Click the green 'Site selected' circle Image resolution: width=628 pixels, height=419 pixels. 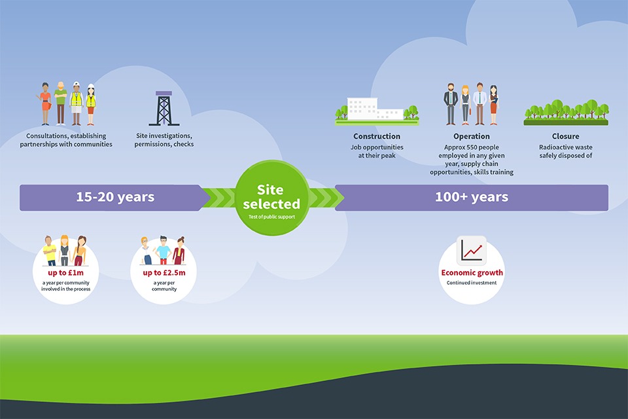271,197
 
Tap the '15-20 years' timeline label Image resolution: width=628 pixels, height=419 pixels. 115,197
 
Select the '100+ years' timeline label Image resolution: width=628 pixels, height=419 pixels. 471,197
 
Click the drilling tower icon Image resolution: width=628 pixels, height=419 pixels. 164,108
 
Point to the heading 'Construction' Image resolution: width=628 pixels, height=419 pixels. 377,136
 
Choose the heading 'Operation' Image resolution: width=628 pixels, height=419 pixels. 471,136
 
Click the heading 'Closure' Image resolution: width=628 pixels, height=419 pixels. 565,136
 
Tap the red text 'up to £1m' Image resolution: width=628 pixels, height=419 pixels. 65,272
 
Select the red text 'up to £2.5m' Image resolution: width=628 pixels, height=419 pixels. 164,272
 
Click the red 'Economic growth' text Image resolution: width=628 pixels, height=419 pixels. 472,272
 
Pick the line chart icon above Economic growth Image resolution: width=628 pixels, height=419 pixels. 472,249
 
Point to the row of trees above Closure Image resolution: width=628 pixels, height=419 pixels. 565,111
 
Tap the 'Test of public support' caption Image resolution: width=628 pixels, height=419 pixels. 271,216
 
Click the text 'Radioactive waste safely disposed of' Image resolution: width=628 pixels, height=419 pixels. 565,151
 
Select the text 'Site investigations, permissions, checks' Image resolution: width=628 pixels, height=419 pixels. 164,140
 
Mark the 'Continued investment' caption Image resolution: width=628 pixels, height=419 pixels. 472,283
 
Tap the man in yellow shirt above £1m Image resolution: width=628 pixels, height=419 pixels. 50,251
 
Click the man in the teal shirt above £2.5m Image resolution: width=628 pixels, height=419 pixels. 164,250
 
